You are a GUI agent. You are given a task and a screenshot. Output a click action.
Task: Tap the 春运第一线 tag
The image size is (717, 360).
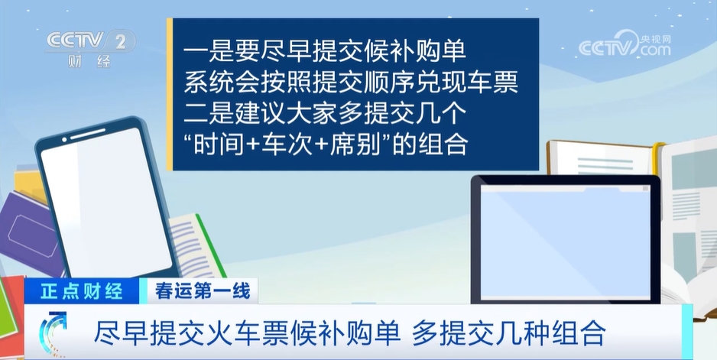(x=190, y=290)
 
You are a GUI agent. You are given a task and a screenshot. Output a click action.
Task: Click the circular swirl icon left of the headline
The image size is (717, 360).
(x=53, y=334)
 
